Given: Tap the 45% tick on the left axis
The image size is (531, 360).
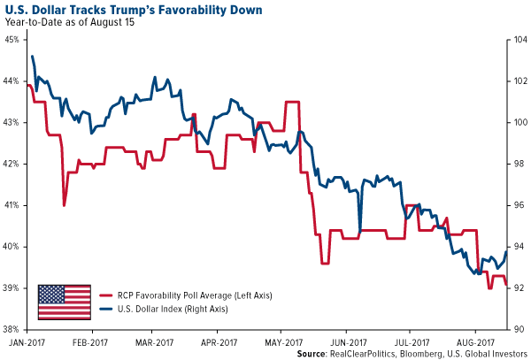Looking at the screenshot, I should pyautogui.click(x=13, y=40).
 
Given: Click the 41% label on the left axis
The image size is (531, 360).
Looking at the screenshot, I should pyautogui.click(x=13, y=205).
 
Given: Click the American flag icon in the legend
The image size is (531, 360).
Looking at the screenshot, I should pyautogui.click(x=65, y=301).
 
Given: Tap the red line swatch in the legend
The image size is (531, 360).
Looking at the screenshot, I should pyautogui.click(x=104, y=294).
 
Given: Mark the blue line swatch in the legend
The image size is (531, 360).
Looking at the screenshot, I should pyautogui.click(x=104, y=308).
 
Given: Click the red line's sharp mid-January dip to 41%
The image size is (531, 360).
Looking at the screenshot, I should pyautogui.click(x=64, y=205).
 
